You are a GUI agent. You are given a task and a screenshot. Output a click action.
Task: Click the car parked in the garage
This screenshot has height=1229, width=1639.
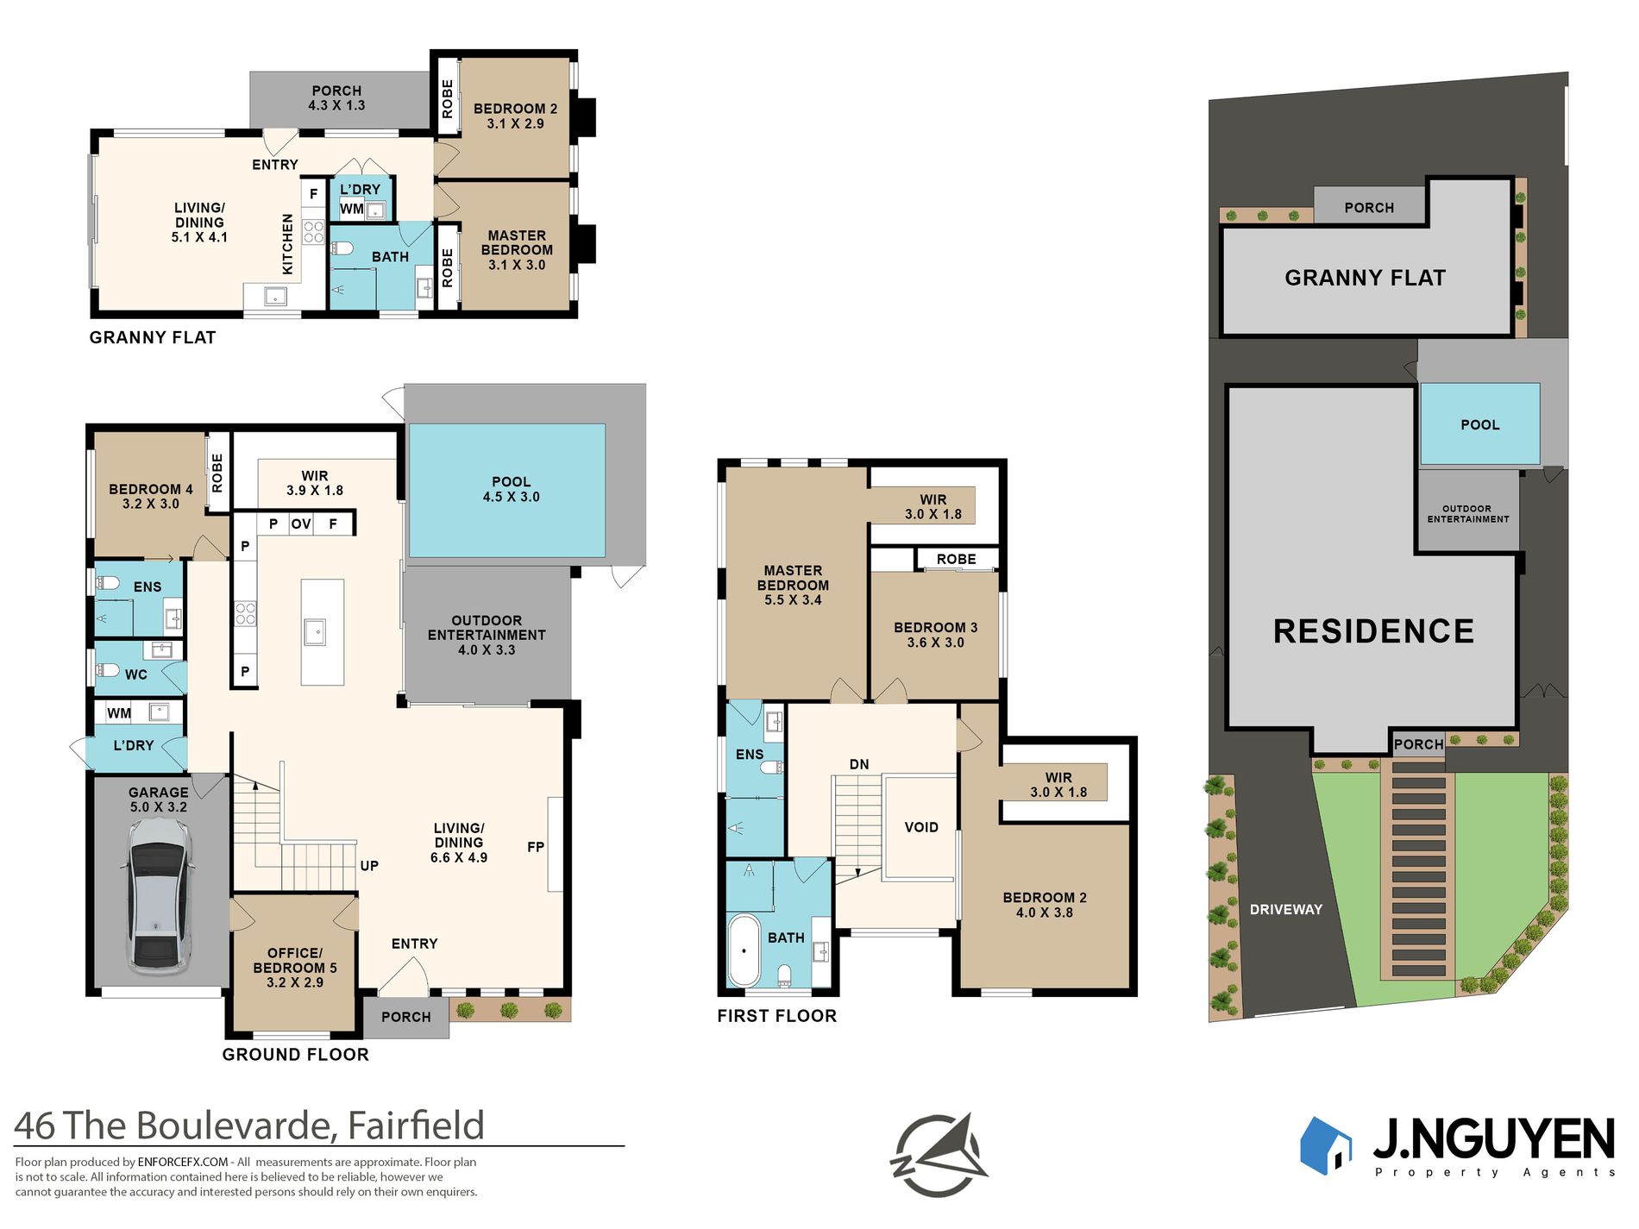point(159,897)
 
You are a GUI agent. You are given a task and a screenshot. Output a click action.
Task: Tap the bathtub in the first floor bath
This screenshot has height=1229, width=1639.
point(744,950)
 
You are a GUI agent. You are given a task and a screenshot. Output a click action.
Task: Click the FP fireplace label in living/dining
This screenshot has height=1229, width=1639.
point(536,847)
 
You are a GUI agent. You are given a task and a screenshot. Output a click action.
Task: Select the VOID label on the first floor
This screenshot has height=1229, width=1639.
point(921,827)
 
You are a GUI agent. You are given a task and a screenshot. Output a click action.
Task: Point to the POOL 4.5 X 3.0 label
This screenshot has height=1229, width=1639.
point(511,489)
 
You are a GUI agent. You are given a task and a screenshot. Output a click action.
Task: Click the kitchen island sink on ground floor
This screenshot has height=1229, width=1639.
point(315,632)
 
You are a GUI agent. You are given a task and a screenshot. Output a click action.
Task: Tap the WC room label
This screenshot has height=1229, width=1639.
point(135,674)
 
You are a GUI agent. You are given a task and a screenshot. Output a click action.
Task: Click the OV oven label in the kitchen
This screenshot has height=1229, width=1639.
point(300,524)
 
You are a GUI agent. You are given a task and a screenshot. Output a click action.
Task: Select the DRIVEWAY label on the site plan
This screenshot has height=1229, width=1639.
point(1285,909)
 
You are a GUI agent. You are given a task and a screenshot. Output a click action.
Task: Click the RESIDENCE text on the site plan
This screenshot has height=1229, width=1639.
point(1373,631)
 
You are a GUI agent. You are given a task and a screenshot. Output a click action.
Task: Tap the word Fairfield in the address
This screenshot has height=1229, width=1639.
point(415,1126)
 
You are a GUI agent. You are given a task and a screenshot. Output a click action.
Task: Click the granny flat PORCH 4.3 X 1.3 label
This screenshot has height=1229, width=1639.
point(336,97)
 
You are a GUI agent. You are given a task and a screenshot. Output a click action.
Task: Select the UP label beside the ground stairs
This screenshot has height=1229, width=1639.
point(369,866)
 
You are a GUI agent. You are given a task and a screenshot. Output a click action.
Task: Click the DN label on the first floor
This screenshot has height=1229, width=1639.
point(859,764)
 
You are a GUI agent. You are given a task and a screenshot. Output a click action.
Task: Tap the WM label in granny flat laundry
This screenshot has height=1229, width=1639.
point(351,209)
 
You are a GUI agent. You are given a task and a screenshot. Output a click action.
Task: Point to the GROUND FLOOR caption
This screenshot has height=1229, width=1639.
point(295,1054)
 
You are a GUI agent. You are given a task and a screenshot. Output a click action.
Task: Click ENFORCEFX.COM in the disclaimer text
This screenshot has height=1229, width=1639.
point(183,1162)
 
